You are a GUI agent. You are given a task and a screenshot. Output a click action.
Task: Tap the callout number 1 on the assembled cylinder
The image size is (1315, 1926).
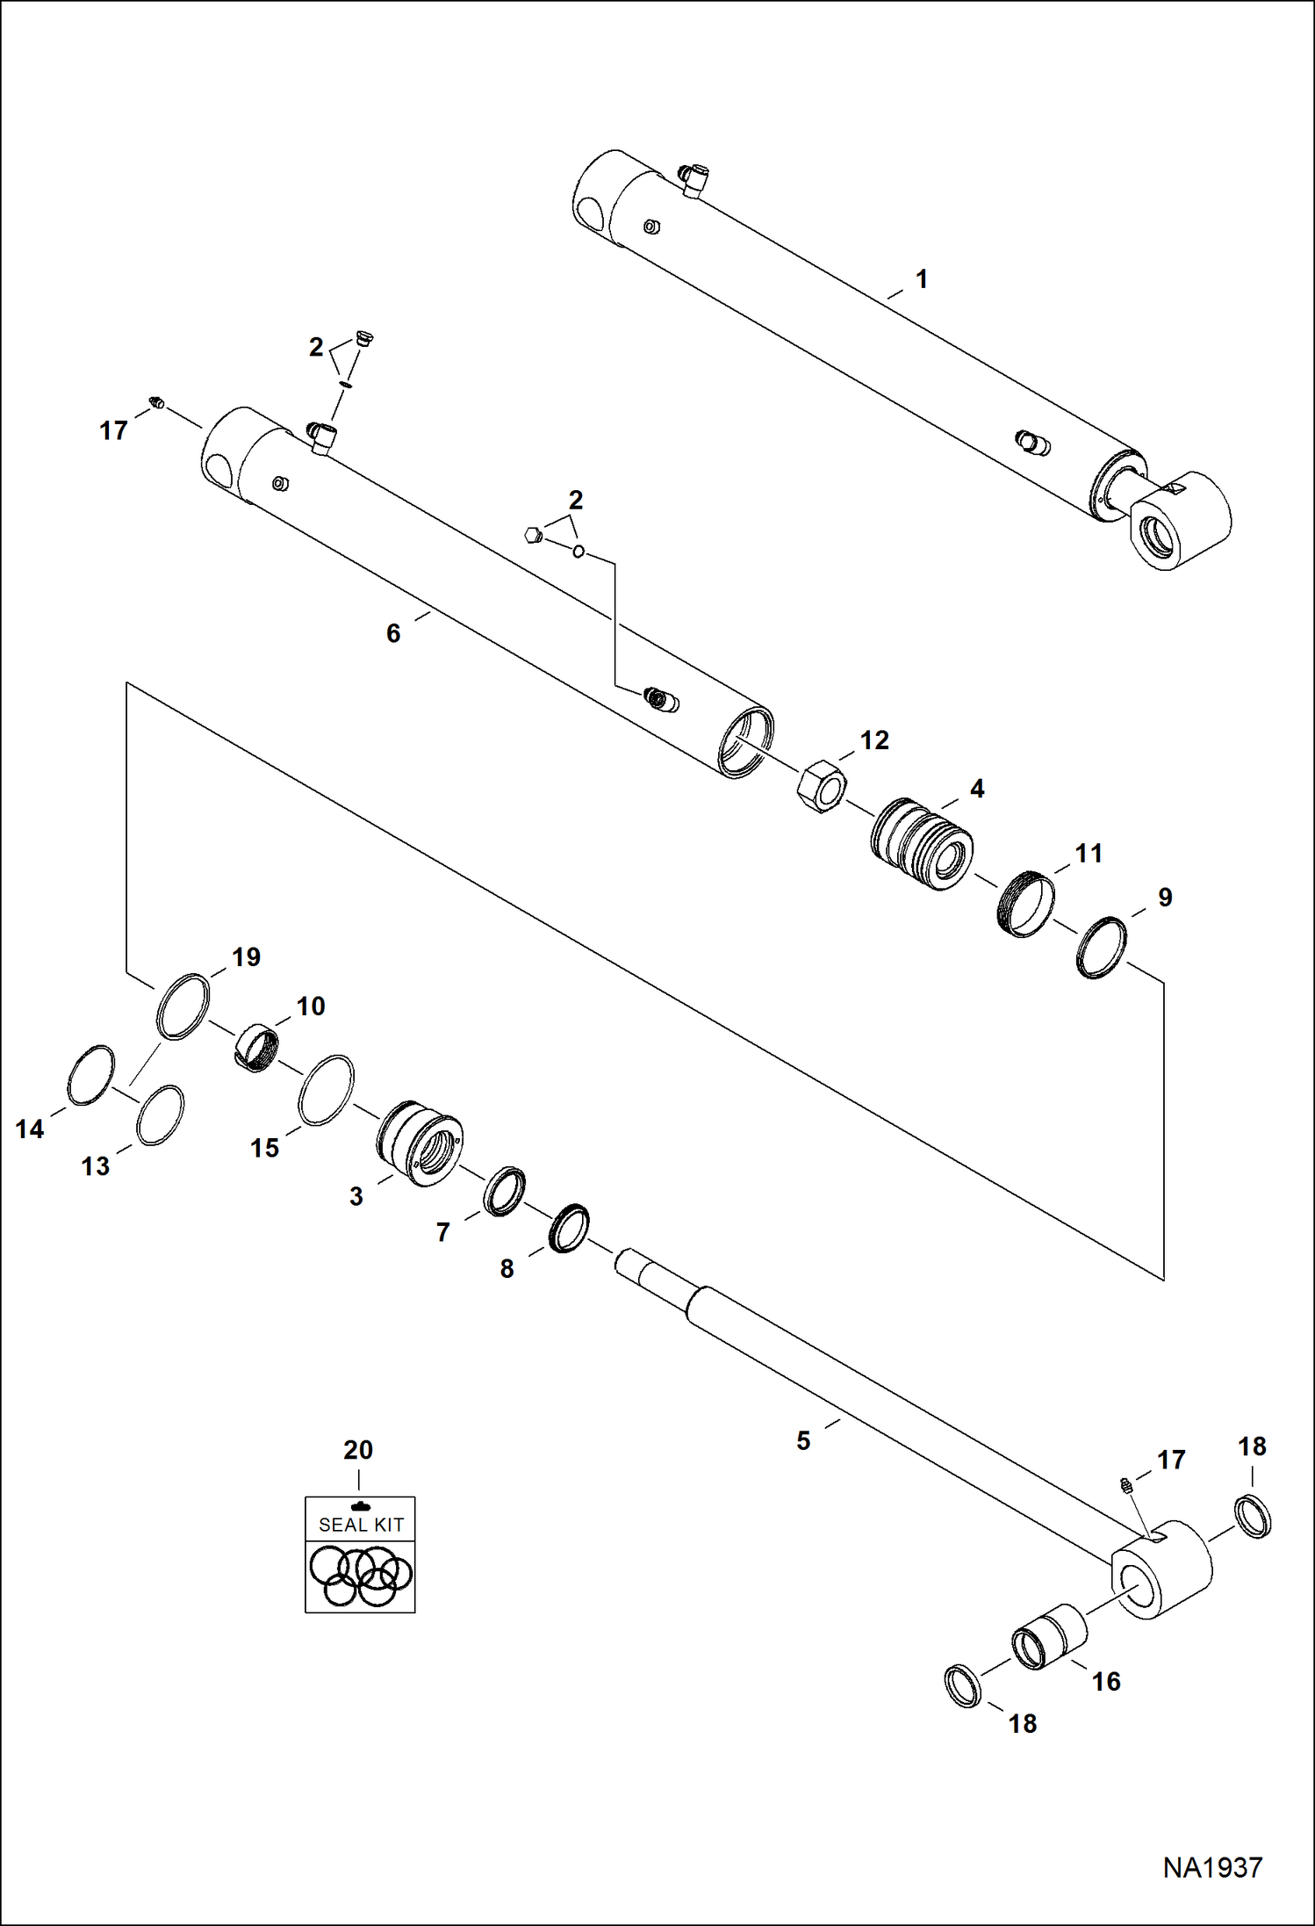(921, 279)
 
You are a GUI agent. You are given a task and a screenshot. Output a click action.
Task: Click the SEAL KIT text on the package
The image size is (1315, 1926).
(361, 1526)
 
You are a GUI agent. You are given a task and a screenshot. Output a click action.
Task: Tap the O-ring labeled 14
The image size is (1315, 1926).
(90, 1075)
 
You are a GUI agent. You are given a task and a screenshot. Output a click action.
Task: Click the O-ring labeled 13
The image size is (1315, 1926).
(161, 1115)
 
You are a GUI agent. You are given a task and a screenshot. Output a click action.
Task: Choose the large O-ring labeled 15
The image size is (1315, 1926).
(327, 1089)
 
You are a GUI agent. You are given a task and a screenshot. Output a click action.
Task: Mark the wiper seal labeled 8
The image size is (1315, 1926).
(569, 1228)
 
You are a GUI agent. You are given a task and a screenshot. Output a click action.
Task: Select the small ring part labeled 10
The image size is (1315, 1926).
(259, 1047)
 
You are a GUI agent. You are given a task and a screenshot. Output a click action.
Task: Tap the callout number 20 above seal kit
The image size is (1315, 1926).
(358, 1449)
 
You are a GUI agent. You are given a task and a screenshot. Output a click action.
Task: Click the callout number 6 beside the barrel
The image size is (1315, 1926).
(392, 633)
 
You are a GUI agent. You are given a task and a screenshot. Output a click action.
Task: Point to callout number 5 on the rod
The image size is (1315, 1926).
(803, 1441)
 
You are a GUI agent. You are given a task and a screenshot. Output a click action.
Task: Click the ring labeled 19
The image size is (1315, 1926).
(183, 1006)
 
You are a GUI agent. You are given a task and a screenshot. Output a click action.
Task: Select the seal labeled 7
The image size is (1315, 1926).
(505, 1192)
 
